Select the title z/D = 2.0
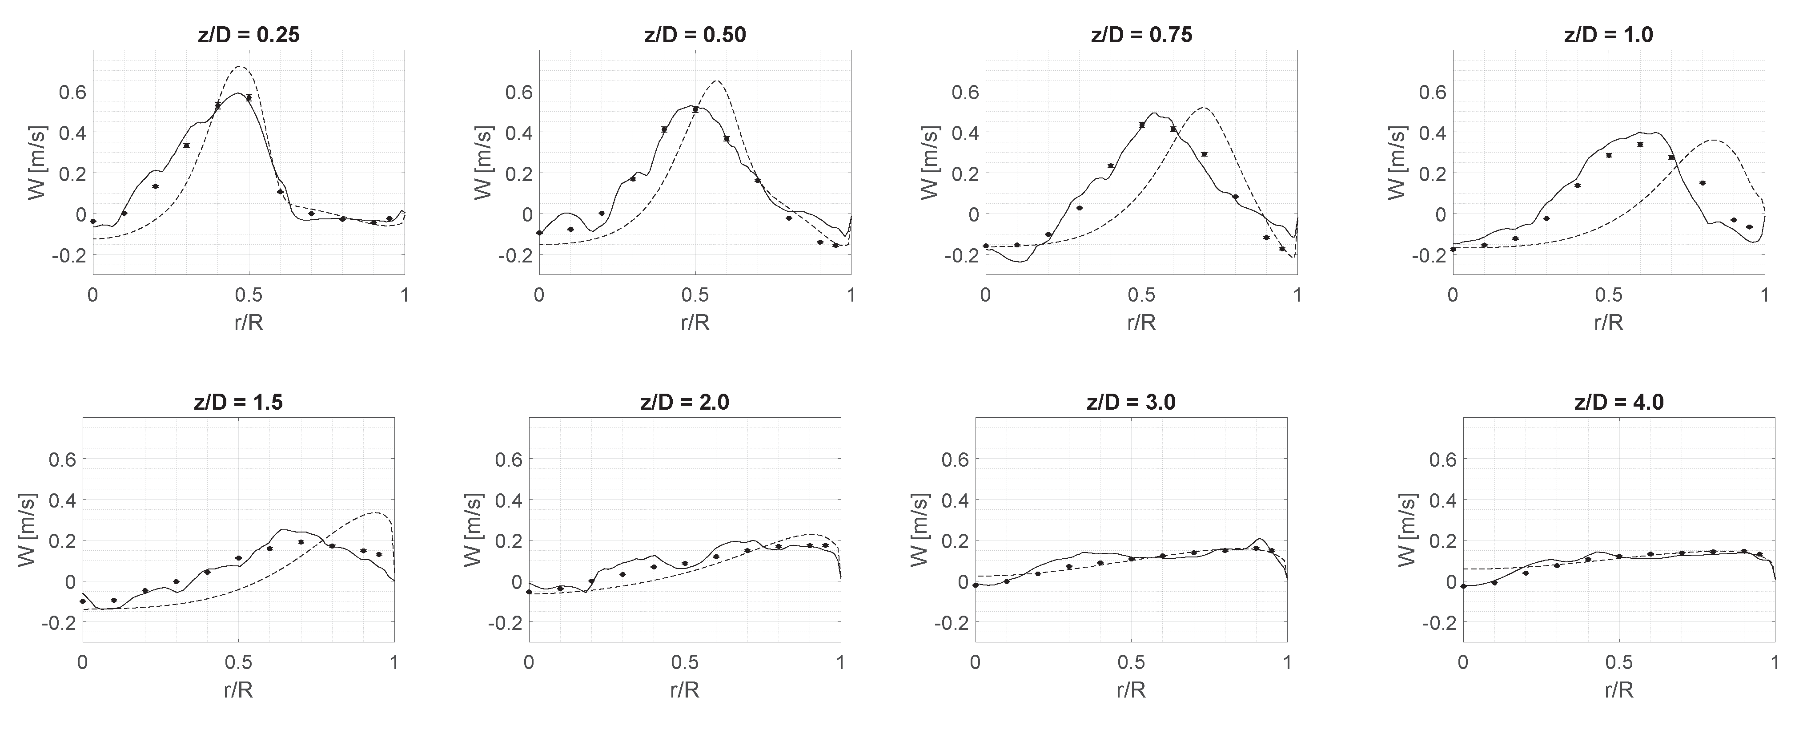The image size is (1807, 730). [x=685, y=402]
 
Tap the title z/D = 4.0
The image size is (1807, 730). [x=1619, y=402]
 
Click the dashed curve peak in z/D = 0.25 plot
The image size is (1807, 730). [x=241, y=67]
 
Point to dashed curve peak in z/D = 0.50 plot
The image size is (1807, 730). [x=716, y=81]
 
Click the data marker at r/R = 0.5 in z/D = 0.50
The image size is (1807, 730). [x=695, y=109]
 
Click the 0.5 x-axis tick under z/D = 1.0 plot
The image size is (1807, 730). [x=1609, y=295]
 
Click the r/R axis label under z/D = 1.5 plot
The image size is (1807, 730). [x=238, y=690]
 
